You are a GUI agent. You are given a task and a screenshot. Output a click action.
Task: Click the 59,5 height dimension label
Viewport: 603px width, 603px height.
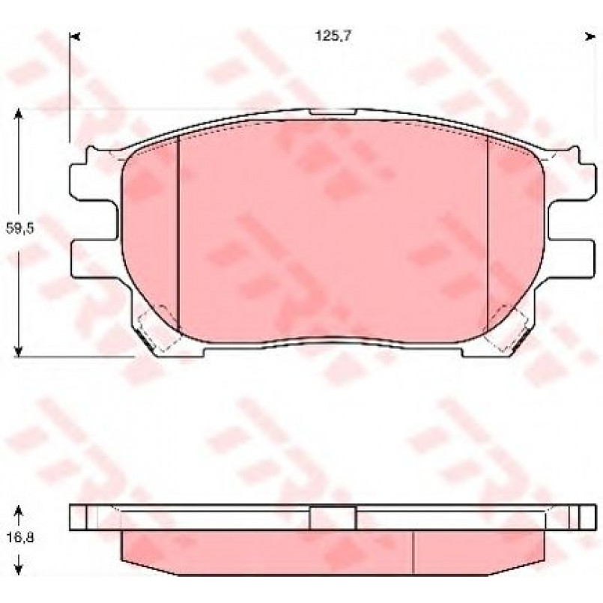[x=20, y=228]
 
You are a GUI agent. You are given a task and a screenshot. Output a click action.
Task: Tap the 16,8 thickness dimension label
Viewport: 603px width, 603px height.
[x=20, y=537]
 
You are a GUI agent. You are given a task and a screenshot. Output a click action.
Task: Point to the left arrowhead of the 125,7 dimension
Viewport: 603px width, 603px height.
[x=75, y=37]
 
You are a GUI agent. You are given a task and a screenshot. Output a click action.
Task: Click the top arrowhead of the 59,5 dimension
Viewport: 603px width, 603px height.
[x=18, y=114]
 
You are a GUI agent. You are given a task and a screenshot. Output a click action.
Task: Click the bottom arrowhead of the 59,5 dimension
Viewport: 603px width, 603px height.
[x=18, y=351]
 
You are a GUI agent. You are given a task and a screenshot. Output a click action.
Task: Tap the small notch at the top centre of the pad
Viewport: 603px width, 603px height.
[x=333, y=112]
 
